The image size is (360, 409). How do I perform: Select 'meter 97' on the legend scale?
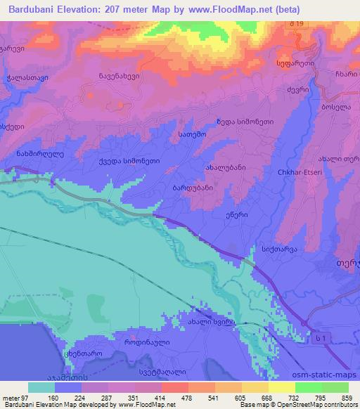[x=15, y=396]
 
